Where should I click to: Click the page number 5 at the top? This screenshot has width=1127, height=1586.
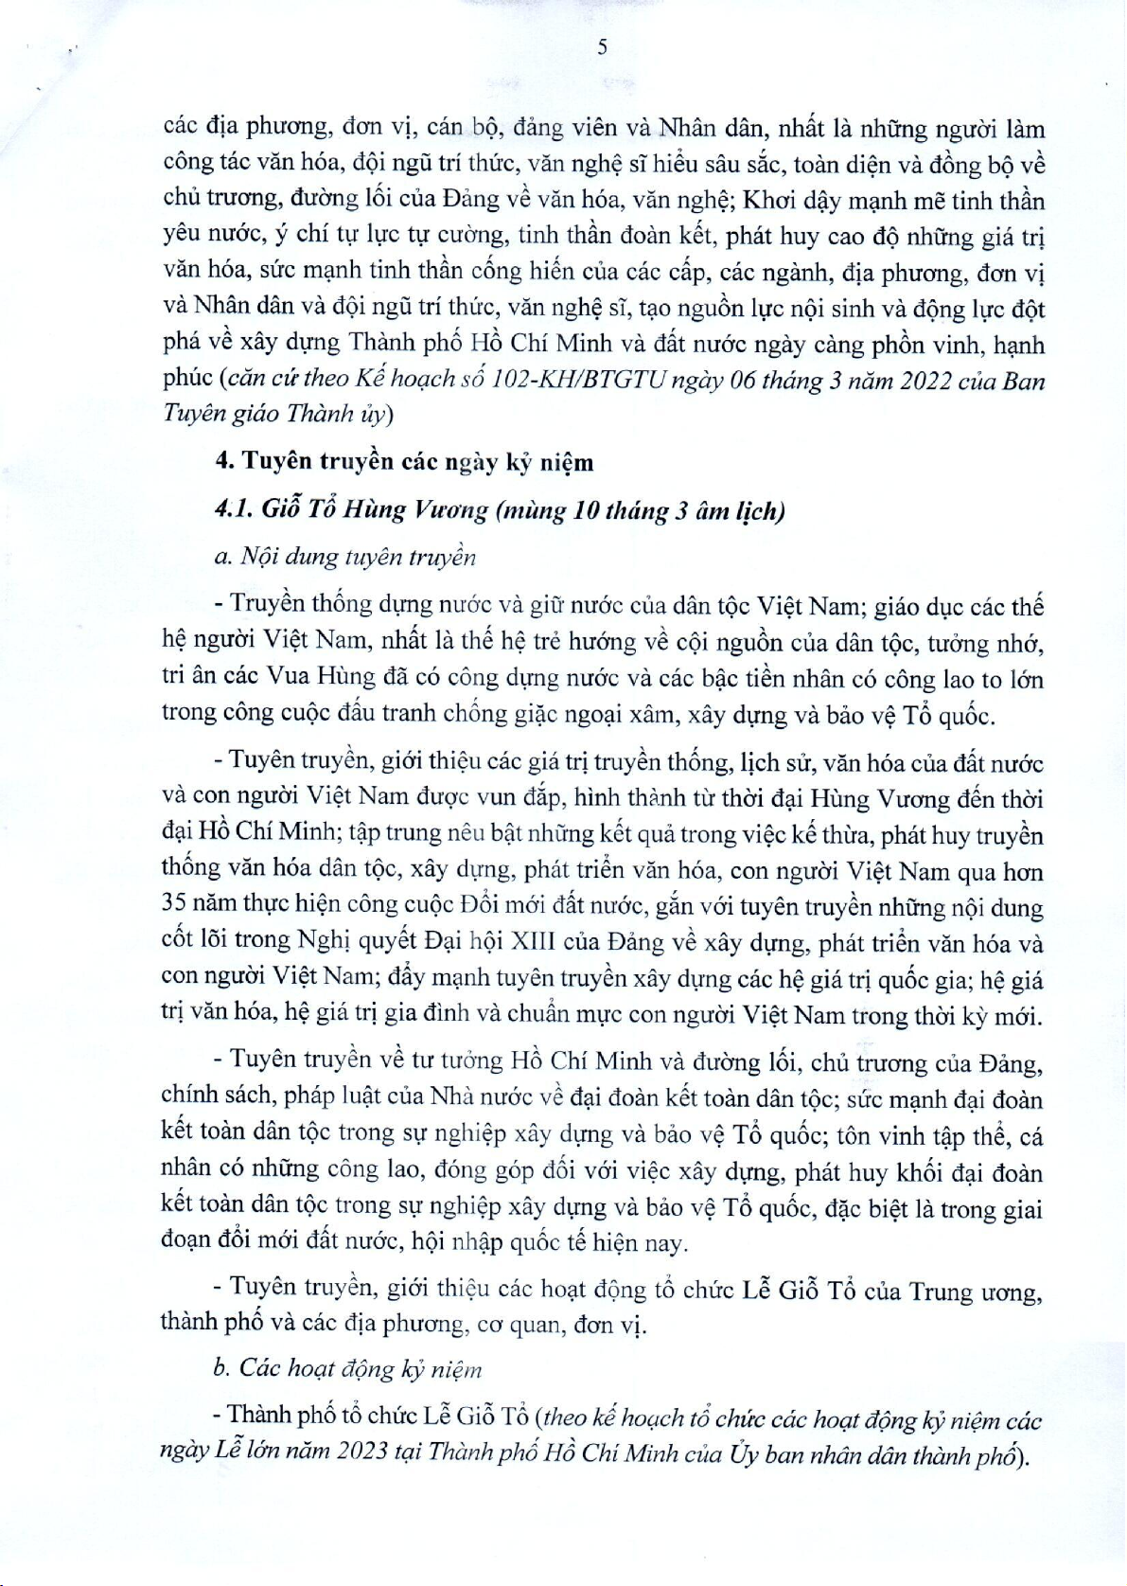click(603, 47)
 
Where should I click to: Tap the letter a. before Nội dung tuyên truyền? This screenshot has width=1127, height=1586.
click(223, 557)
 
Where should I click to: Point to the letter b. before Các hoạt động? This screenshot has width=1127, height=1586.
click(222, 1369)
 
